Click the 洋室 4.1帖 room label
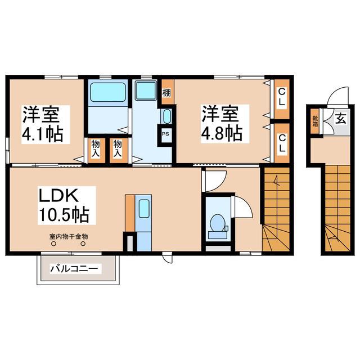coord(43,124)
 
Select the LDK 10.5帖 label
coord(64,205)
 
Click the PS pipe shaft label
coord(165,134)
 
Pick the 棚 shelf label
coord(166,93)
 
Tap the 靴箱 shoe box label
coord(315,121)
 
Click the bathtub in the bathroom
coord(108,92)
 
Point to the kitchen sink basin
coord(144,209)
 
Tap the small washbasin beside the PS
coord(167,116)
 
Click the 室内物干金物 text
coord(69,236)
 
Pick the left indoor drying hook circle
coord(53,244)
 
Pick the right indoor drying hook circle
coord(83,244)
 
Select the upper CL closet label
coord(282,97)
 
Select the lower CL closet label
coord(282,144)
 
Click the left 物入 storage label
coord(96,148)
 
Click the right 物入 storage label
coord(118,148)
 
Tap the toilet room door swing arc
coord(247,203)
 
